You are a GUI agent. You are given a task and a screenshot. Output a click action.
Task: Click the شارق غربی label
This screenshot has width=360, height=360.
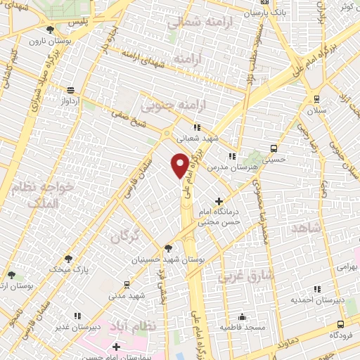point(238,276)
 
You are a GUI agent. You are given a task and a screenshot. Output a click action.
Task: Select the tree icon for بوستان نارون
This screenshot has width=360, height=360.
point(50,30)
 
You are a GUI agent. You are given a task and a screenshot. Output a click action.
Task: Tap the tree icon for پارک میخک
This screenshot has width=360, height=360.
point(67,259)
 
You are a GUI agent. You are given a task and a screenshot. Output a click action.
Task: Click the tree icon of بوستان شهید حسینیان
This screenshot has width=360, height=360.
point(167,248)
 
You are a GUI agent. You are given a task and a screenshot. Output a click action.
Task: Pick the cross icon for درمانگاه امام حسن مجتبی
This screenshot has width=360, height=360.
point(219,202)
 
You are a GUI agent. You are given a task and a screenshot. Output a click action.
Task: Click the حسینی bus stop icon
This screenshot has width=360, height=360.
point(273,148)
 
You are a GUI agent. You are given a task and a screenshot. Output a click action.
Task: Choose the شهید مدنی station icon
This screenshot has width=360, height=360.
point(127,284)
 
